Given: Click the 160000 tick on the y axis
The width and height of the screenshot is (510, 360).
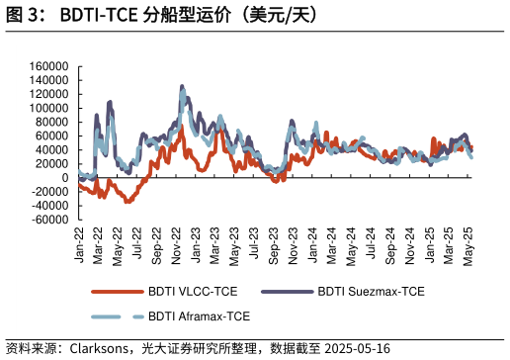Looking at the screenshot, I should [49, 66].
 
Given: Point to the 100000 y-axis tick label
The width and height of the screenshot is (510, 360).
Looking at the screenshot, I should [49, 108].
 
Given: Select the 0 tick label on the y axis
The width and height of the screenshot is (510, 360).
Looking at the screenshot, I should [63, 178].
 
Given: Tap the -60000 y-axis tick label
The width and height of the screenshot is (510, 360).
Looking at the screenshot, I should [47, 220].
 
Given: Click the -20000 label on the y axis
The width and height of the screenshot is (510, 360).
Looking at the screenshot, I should [47, 192].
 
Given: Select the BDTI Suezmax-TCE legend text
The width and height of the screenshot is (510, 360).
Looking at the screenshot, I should [372, 292].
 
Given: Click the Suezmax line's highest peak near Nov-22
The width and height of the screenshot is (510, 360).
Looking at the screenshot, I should [182, 86].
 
